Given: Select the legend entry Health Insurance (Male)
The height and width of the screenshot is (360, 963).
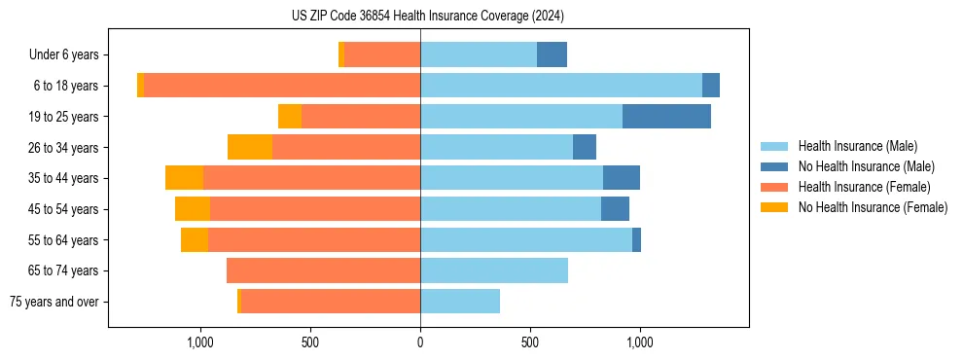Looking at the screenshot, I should coord(857,146).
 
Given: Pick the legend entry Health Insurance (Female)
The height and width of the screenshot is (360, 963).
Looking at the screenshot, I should coord(864,187).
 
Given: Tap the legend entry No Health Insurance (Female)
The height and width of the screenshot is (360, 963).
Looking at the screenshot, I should coord(873,207).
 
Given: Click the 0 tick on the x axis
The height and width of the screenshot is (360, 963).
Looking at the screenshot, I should coord(420,342).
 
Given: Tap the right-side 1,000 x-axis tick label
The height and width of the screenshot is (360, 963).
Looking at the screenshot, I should coord(640,342).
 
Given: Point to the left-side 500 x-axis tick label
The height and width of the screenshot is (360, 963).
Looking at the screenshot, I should coord(310,342).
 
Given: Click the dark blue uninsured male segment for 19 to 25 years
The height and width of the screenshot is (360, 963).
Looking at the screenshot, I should coord(666,117).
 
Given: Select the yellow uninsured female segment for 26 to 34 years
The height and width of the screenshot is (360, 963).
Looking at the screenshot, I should coord(250,147).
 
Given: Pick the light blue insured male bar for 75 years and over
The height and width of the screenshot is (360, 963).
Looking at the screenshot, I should coord(460,302).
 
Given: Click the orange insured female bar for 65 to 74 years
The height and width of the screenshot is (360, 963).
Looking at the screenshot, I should coord(324,270).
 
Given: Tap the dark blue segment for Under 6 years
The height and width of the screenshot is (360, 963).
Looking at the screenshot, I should coord(552,55).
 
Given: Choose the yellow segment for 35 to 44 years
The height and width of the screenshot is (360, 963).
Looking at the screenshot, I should coord(184,178).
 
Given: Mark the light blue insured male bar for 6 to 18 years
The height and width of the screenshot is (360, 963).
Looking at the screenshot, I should coord(561,86).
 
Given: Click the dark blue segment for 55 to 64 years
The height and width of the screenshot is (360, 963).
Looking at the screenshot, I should coord(636,239).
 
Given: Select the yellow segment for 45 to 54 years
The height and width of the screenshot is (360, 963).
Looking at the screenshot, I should coord(193,209).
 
